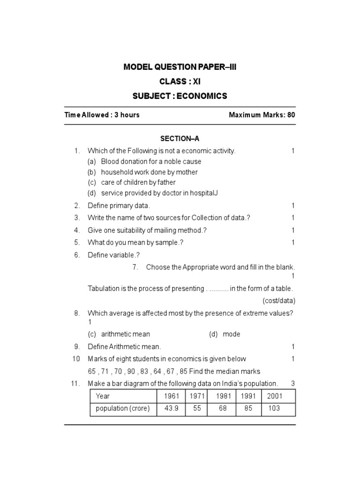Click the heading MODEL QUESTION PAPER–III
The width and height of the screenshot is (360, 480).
coord(180,67)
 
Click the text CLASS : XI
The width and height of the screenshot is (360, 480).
coord(180,82)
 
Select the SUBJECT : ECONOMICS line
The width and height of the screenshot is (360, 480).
coord(180,96)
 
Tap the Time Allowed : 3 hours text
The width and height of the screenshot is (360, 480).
coord(102,115)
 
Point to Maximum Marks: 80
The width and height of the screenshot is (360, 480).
coord(262,115)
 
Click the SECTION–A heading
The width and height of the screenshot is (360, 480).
coord(180,139)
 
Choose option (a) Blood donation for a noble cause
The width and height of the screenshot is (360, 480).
coord(144,162)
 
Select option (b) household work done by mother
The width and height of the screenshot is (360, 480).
coord(142,172)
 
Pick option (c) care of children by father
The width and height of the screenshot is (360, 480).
coord(132,182)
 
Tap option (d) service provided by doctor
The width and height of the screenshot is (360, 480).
coord(153,193)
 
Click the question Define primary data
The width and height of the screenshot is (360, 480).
coord(119,206)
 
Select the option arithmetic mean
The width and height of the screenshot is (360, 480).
coord(126,334)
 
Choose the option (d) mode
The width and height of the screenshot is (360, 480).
coord(225,334)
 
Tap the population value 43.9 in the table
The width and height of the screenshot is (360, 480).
coord(172,408)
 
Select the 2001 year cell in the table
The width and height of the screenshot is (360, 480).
coord(275,396)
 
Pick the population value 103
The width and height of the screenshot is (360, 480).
coord(274,408)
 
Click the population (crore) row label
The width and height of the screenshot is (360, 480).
coord(123,408)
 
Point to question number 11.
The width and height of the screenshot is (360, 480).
coord(75,383)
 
